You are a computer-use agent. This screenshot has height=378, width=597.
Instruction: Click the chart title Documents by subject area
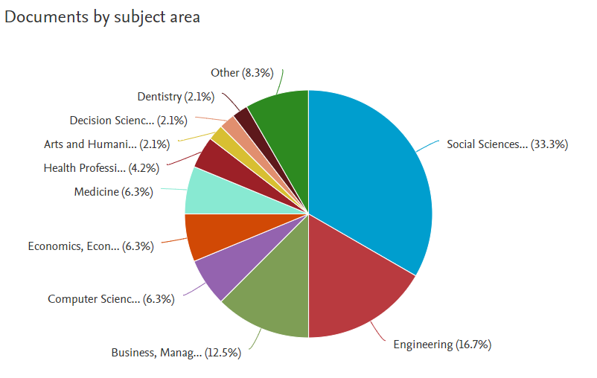pyautogui.click(x=103, y=16)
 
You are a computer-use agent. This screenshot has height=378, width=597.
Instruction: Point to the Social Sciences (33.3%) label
pyautogui.click(x=507, y=144)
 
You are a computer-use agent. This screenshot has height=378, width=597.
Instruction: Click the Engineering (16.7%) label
pyautogui.click(x=442, y=345)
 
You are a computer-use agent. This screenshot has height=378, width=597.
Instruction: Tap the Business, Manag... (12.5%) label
pyautogui.click(x=176, y=353)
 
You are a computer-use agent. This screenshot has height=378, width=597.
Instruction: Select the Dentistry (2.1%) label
pyautogui.click(x=176, y=97)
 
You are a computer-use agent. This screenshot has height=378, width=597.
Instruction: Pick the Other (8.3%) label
pyautogui.click(x=242, y=73)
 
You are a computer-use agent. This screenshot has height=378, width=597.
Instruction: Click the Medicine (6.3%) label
pyautogui.click(x=113, y=192)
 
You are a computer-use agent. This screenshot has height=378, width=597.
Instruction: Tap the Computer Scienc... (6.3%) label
pyautogui.click(x=111, y=299)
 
